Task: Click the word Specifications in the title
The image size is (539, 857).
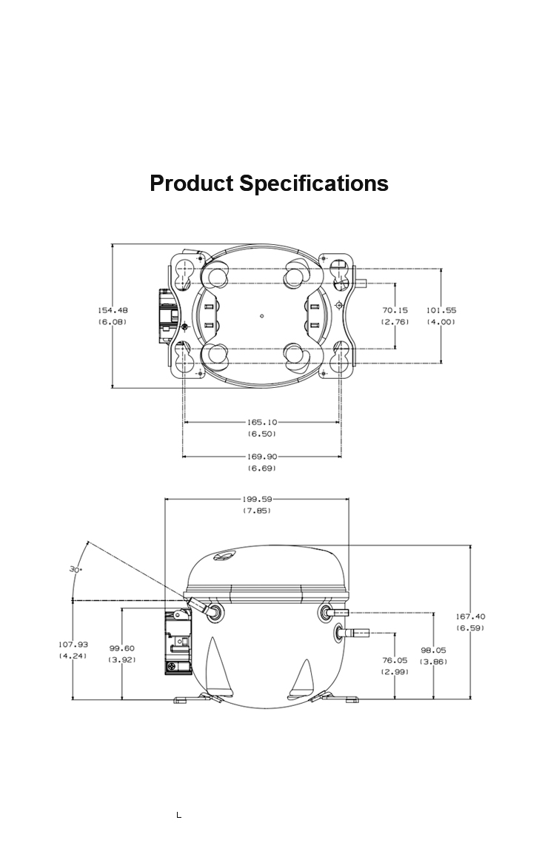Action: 314,184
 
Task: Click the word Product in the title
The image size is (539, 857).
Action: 192,183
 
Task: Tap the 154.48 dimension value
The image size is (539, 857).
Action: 113,310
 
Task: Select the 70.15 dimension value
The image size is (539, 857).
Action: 395,310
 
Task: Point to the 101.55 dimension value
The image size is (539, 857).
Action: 441,310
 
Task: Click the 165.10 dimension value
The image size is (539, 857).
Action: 262,422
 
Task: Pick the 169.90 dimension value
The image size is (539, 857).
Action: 262,457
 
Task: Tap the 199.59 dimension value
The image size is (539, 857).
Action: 257,499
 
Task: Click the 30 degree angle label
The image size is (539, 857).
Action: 76,570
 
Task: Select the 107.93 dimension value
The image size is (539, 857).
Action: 73,645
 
